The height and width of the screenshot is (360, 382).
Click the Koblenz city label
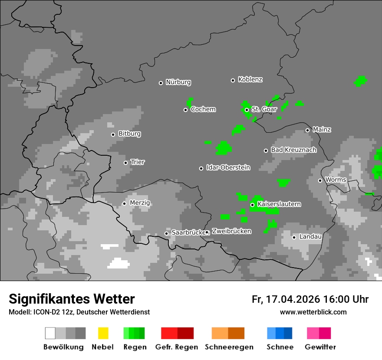click(250, 80)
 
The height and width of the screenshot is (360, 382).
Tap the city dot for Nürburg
click(161, 83)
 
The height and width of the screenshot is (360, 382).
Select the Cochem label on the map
click(203, 109)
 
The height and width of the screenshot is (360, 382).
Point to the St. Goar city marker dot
click(247, 110)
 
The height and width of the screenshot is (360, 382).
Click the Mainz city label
click(322, 130)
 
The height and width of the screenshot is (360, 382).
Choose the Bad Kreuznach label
click(293, 150)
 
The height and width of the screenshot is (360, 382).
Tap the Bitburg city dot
click(113, 134)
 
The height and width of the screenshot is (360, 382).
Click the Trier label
click(137, 162)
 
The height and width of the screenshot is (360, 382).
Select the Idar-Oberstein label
click(228, 168)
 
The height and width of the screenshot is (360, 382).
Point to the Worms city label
click(335, 180)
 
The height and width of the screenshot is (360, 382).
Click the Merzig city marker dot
click(124, 203)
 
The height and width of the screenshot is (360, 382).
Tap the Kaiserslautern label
click(279, 204)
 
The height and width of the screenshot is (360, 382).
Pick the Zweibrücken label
click(231, 232)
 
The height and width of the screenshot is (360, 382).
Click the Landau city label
click(310, 237)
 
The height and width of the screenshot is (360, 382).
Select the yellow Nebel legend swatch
click(103, 333)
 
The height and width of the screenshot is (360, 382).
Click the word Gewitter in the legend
click(320, 347)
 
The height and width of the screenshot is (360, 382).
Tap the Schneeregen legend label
click(229, 347)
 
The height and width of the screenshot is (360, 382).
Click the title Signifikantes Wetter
click(72, 299)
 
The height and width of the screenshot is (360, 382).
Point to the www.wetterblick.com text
click(313, 312)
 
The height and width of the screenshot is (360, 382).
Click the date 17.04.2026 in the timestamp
click(292, 299)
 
